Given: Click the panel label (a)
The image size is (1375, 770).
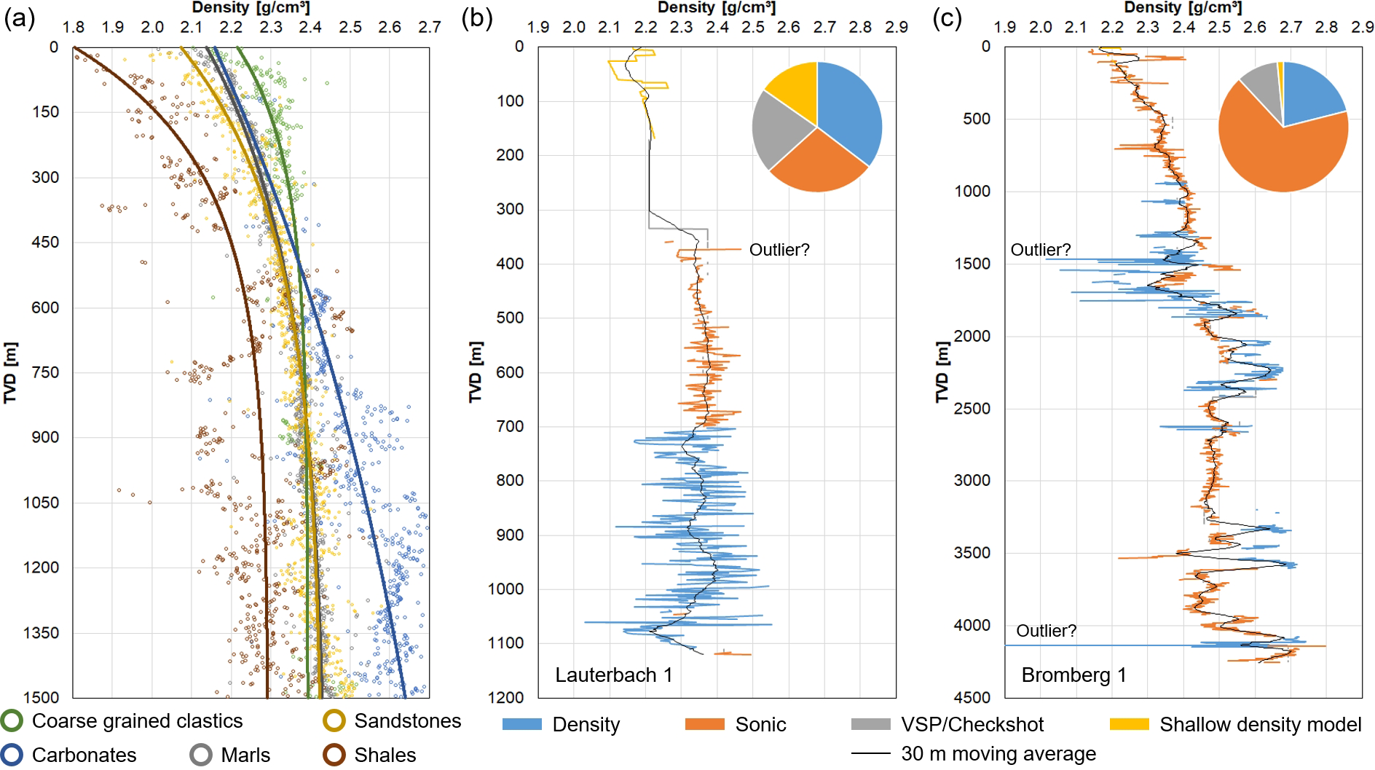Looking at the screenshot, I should (x=19, y=17).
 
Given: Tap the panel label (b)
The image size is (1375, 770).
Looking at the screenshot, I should (x=477, y=17).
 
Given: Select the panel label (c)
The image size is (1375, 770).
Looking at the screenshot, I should (x=947, y=17).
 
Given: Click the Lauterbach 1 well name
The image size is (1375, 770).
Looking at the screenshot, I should (x=613, y=675).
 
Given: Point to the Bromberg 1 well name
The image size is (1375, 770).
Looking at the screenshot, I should (x=1073, y=675).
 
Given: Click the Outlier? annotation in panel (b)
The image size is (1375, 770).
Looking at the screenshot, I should (x=779, y=250).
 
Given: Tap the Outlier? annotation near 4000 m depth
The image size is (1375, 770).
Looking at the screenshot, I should (x=1046, y=631).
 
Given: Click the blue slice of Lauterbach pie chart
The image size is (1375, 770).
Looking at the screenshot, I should (x=848, y=109).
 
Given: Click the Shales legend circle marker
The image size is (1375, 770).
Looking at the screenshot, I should (x=334, y=755).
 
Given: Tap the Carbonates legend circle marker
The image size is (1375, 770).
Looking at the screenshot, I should (x=12, y=755).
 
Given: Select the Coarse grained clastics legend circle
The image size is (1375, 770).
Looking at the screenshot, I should (x=12, y=720).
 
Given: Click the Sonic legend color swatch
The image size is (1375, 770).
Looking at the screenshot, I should (x=704, y=724).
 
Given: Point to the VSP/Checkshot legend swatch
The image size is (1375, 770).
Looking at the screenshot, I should (x=870, y=724).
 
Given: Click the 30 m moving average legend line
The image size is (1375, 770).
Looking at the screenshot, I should (x=870, y=753).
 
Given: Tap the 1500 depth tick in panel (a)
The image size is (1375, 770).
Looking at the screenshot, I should (x=41, y=697).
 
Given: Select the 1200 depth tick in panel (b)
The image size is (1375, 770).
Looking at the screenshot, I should (x=505, y=697).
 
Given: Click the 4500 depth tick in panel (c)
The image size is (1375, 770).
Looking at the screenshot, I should (x=972, y=697).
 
